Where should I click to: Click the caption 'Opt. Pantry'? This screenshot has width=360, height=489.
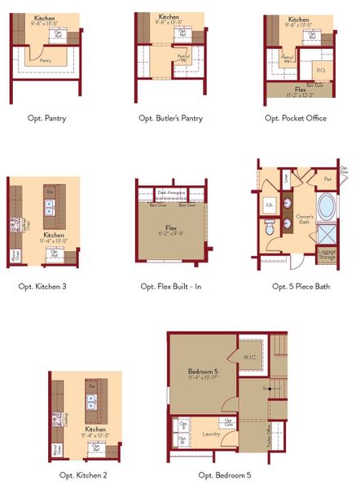click(x=46, y=118)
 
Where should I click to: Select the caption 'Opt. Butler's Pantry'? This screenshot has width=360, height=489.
click(x=171, y=118)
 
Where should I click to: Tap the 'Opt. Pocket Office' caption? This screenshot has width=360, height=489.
click(x=296, y=118)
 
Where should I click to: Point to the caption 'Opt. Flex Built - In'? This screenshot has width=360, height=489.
click(x=171, y=286)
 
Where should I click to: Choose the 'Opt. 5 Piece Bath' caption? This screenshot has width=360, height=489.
click(x=301, y=286)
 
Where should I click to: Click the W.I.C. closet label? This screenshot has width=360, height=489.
click(x=249, y=357)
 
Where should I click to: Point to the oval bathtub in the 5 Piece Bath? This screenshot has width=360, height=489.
click(x=326, y=206)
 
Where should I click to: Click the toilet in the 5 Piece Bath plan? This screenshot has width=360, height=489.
click(x=270, y=231)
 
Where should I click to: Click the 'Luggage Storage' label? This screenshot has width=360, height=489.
click(x=326, y=255)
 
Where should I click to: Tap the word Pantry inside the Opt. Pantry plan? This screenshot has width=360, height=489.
click(x=46, y=60)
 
